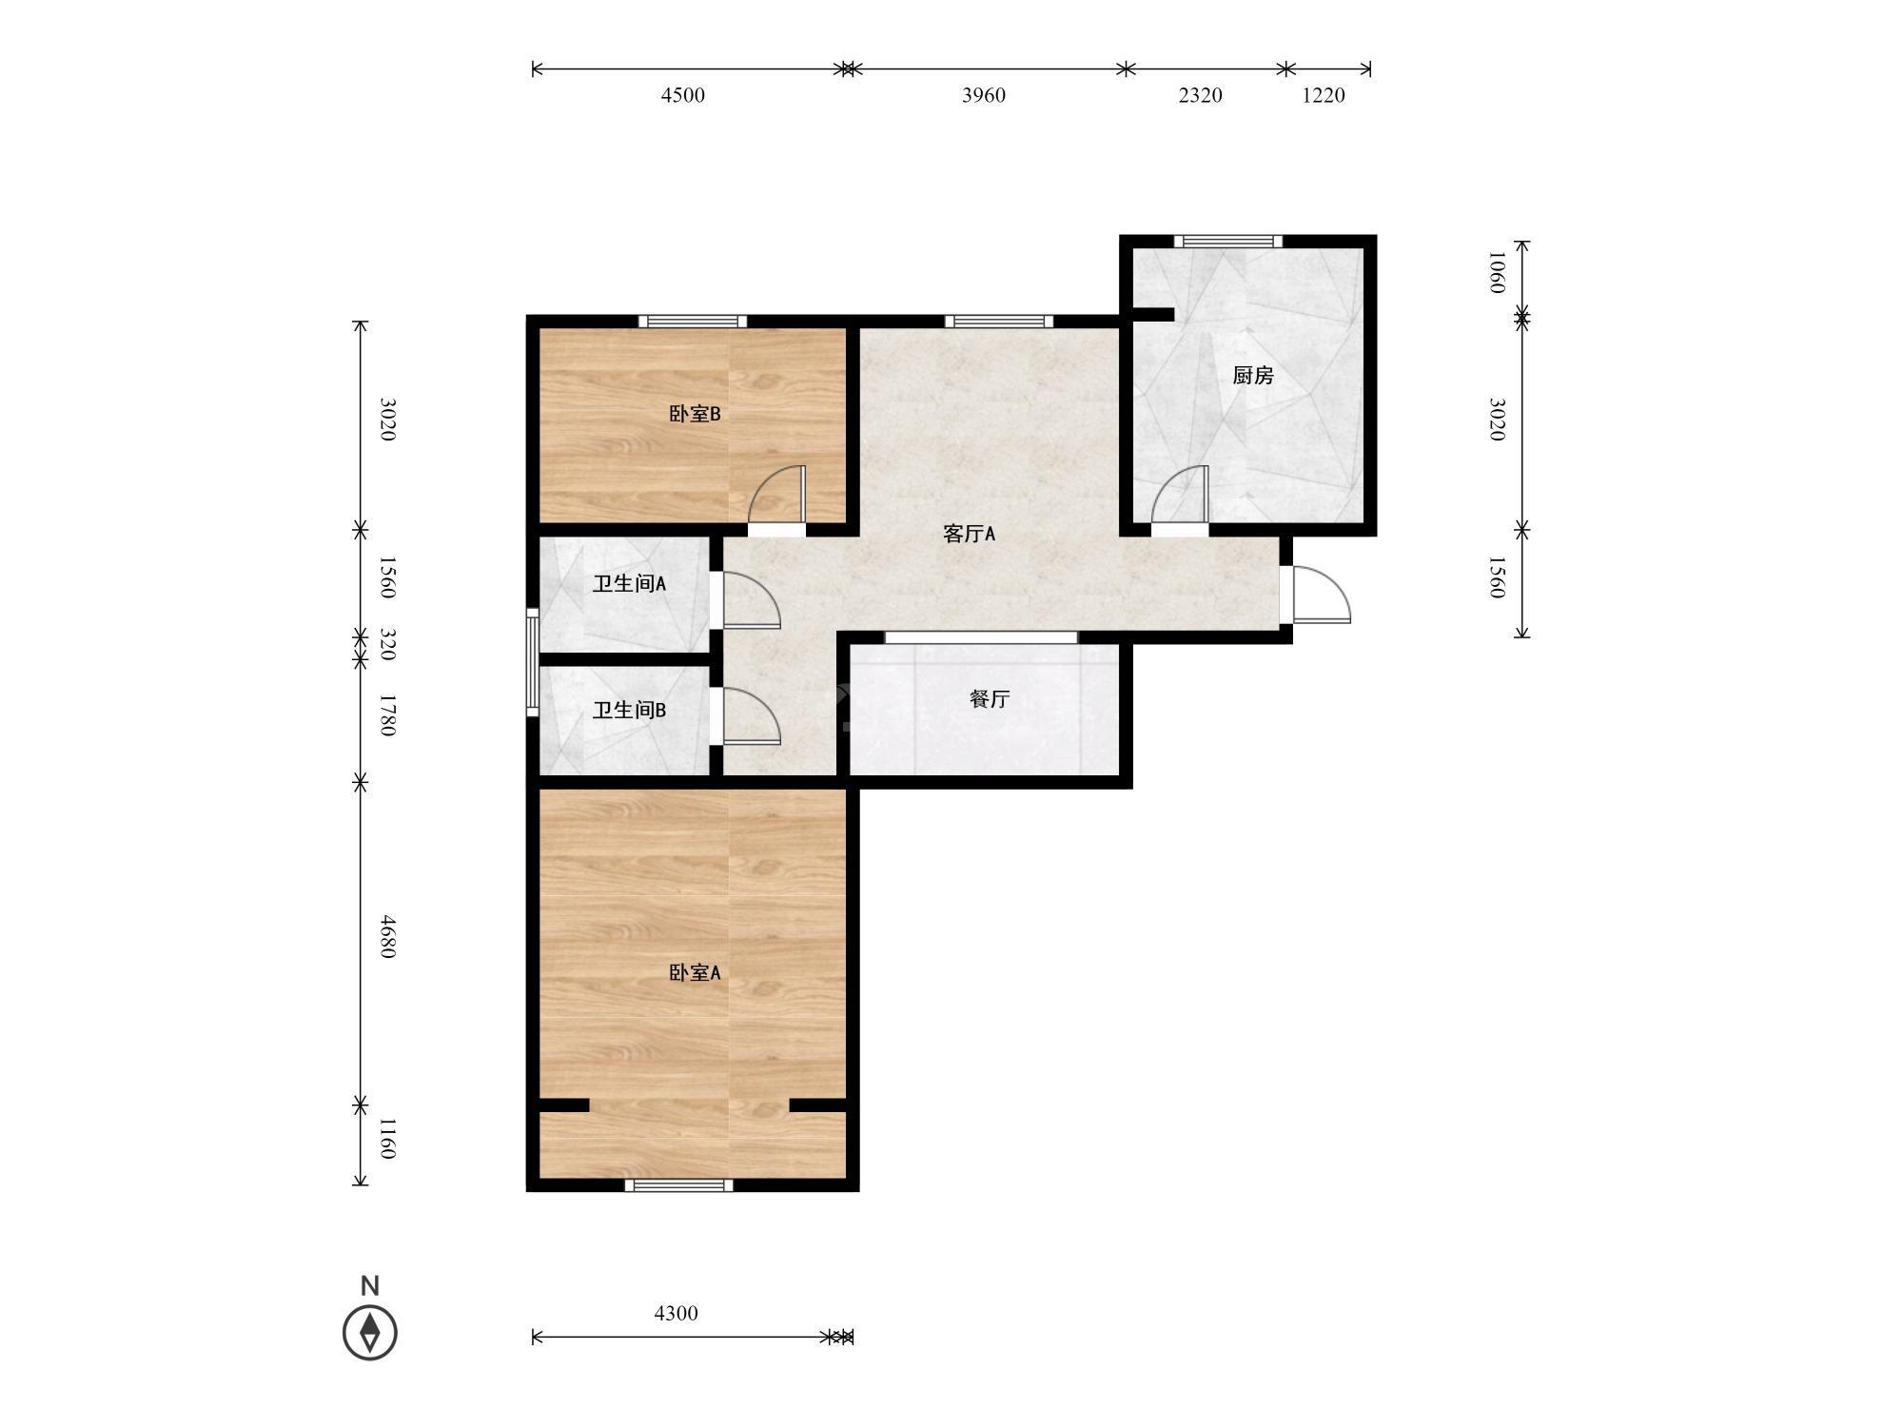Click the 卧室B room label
[695, 414]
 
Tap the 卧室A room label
[695, 972]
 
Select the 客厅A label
[969, 534]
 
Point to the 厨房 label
[1253, 376]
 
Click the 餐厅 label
[990, 699]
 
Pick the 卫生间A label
[629, 584]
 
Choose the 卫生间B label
[629, 711]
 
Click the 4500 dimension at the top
[683, 95]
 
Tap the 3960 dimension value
[984, 95]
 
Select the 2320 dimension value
[1201, 95]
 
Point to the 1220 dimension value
[1324, 95]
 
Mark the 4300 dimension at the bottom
[677, 1314]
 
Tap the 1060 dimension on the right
[1496, 273]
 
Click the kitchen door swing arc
[1181, 495]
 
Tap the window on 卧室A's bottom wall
[679, 1185]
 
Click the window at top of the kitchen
[1227, 241]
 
